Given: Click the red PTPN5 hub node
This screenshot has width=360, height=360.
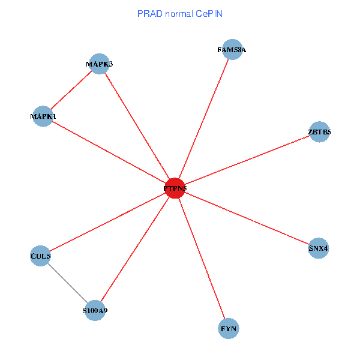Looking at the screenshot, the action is coord(175,188).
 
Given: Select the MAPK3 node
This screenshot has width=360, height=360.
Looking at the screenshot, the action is coord(98,64).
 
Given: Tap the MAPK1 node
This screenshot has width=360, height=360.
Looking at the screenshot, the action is coord(43,116).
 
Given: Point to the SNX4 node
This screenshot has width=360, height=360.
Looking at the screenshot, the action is coord(319,248).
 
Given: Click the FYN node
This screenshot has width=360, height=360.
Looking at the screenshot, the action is coord(229,329).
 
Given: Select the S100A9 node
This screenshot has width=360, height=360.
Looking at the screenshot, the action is coord(95,311).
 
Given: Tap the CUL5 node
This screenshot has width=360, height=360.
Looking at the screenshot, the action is coord(40,256).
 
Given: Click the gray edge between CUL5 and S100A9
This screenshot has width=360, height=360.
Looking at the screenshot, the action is coord(68,284).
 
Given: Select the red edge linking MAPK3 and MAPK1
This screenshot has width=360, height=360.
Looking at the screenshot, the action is coord(71,90).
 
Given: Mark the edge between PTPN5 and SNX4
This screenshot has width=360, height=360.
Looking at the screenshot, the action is coord(247,218).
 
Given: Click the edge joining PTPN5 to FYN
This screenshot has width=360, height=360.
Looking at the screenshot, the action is coord(202,259).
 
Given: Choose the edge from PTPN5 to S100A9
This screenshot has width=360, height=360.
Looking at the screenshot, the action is coord(135,250).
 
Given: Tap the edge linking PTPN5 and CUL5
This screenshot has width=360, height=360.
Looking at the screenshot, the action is coord(107,223).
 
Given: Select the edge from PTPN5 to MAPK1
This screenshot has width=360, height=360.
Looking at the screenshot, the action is coord(109,152).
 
